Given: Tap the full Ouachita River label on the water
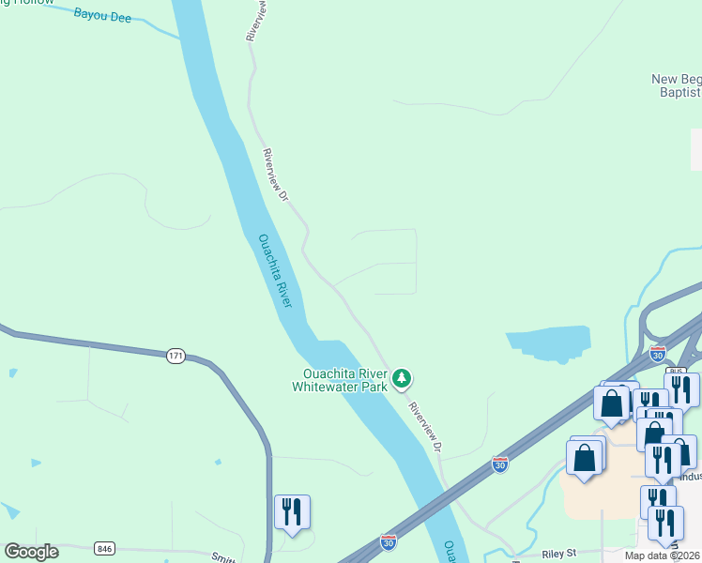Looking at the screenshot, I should pyautogui.click(x=276, y=271).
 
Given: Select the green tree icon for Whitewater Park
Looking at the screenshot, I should pyautogui.click(x=402, y=378).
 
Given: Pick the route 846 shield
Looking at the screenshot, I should pyautogui.click(x=104, y=548).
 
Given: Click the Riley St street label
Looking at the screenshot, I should pyautogui.click(x=557, y=553).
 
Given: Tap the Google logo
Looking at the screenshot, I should pyautogui.click(x=31, y=552).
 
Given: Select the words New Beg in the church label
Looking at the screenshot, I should pyautogui.click(x=676, y=80).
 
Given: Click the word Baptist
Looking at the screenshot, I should pyautogui.click(x=679, y=93).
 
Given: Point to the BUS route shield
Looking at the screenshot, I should pyautogui.click(x=675, y=372).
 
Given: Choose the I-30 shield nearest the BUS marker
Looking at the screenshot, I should pyautogui.click(x=658, y=354).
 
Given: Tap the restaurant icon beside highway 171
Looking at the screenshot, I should pyautogui.click(x=292, y=512).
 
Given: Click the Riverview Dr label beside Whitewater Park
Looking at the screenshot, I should pyautogui.click(x=425, y=425).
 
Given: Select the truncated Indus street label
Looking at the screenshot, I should pyautogui.click(x=690, y=477).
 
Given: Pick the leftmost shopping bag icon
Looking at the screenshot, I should pyautogui.click(x=584, y=459).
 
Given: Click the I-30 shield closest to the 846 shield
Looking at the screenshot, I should pyautogui.click(x=388, y=542).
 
